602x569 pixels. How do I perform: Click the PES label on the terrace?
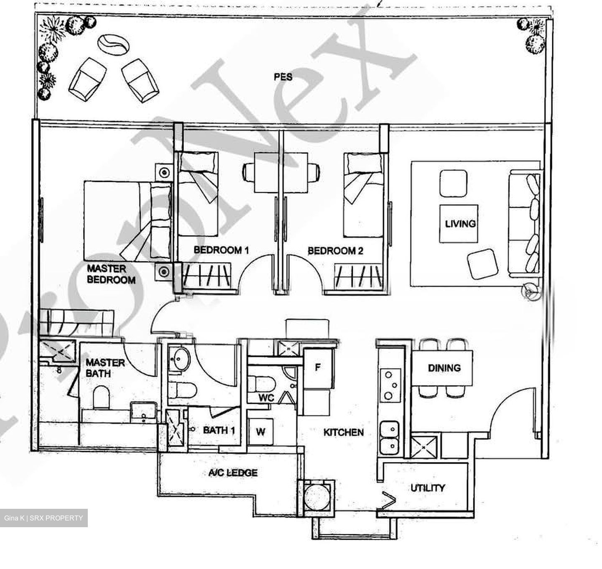(283, 77)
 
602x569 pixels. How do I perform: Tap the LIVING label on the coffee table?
(460, 224)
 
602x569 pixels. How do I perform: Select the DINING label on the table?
(444, 368)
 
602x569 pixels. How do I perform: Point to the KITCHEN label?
(344, 432)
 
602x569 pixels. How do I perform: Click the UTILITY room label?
(428, 487)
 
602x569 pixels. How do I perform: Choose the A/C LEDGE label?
(233, 472)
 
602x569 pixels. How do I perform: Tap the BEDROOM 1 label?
(221, 250)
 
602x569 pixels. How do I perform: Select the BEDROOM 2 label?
(335, 251)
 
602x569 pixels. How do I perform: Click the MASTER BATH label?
(105, 368)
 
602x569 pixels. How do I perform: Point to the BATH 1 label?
(219, 430)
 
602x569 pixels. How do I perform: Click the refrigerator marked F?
(318, 368)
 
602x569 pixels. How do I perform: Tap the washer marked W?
(260, 431)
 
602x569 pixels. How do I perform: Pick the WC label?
(266, 398)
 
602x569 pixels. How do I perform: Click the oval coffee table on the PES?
(113, 45)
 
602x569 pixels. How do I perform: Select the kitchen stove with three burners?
(390, 385)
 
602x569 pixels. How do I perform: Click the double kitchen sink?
(389, 438)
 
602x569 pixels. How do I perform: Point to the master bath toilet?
(101, 397)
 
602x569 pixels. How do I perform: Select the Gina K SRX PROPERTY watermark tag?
(43, 518)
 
